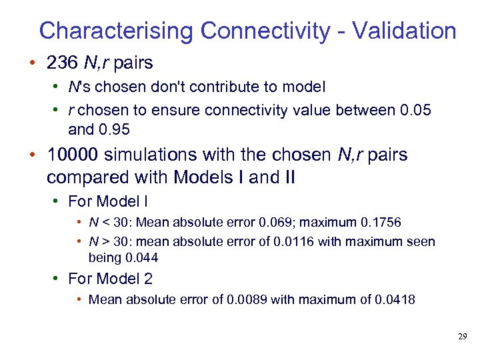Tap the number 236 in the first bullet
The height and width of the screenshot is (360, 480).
pos(62,63)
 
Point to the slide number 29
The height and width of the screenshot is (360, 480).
pos(462,337)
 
